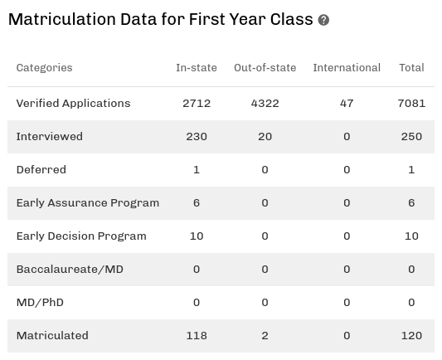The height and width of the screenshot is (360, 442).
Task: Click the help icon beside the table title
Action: point(323,20)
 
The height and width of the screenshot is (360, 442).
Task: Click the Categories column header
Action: point(44,68)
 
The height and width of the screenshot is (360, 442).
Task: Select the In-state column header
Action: point(196,68)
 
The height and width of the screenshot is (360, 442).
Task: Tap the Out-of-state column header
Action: point(265,68)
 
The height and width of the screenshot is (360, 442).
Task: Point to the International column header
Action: point(347,68)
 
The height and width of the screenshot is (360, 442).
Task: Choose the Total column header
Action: point(411,68)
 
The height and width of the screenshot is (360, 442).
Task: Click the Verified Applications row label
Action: point(73,104)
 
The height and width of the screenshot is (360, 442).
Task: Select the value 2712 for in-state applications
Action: point(197,104)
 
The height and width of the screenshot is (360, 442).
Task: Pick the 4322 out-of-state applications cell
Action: point(265,104)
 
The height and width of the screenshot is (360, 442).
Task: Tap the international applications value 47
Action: point(347,104)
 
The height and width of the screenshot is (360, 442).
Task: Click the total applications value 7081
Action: point(411,104)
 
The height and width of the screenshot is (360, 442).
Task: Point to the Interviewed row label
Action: point(49,137)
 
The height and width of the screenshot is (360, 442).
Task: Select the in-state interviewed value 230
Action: point(197,137)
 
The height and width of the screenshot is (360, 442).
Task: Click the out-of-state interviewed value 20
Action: point(265,137)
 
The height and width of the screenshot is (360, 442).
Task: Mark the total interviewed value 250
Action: point(411,137)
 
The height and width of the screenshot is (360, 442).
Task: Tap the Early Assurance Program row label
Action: point(87,203)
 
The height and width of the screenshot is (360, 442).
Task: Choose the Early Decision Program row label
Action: point(81,236)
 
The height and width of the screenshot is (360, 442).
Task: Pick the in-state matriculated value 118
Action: point(197,336)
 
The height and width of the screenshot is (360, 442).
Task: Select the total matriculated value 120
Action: point(411,336)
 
